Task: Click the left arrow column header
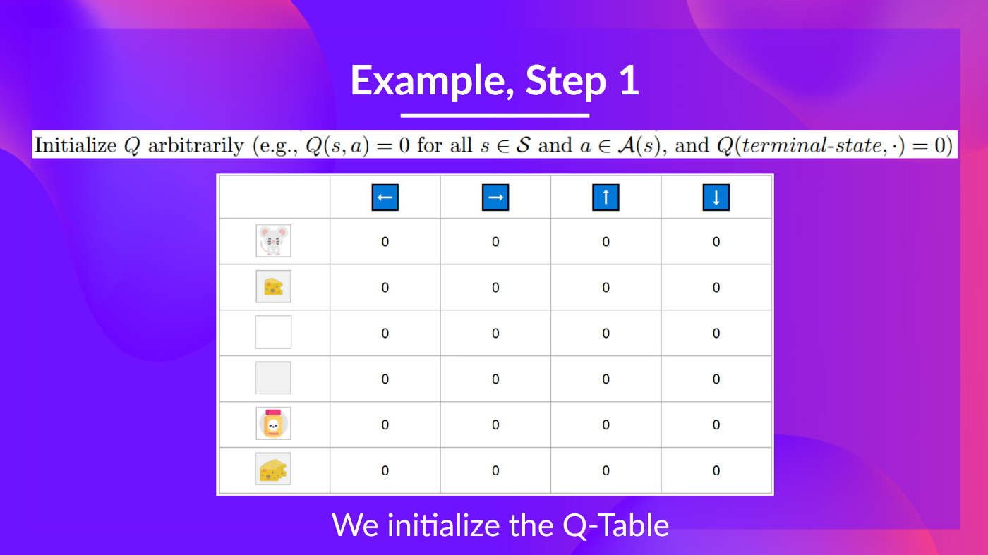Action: [385, 197]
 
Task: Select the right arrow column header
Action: [495, 197]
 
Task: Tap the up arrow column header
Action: [606, 197]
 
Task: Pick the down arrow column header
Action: [716, 197]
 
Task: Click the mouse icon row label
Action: [273, 241]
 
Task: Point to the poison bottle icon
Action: [273, 424]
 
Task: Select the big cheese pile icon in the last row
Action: [273, 470]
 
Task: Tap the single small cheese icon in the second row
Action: [273, 286]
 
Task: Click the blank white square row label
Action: [273, 332]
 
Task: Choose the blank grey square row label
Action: [273, 378]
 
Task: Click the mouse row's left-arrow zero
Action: [385, 242]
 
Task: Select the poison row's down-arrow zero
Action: [716, 425]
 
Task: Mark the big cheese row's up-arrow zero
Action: [606, 470]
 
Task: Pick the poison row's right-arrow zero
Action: [495, 425]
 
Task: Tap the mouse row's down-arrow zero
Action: [716, 242]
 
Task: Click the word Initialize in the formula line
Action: [76, 145]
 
